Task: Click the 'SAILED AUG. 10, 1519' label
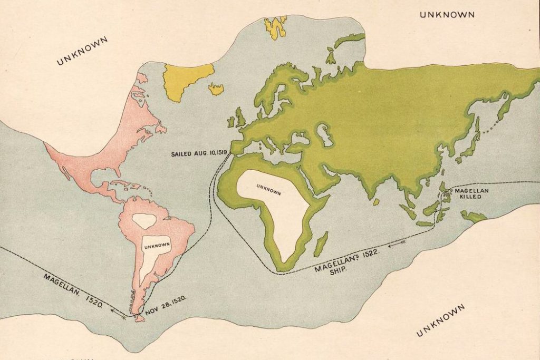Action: pos(199,154)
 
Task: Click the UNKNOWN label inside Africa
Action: pos(268,189)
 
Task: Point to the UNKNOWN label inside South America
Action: pos(157,245)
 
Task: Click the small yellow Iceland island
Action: pos(216,89)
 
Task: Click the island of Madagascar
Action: pos(321,244)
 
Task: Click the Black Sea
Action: pos(301,138)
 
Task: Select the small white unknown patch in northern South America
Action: pos(144,220)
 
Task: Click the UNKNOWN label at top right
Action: pos(447,15)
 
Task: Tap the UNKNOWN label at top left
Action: pos(82,51)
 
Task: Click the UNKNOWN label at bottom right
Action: pos(440,320)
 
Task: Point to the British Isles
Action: pos(238,117)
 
